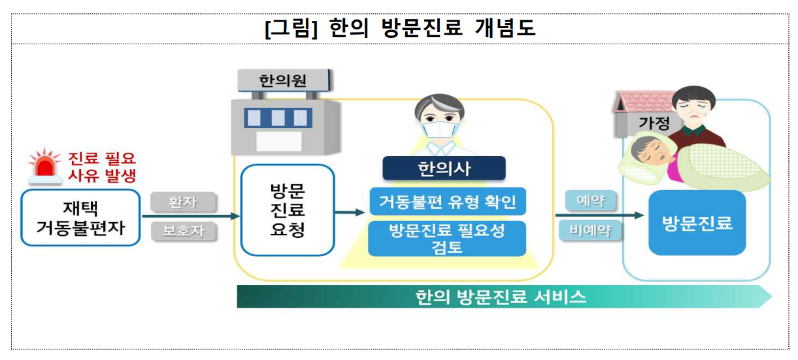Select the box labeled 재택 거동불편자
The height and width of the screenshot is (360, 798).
pyautogui.click(x=80, y=218)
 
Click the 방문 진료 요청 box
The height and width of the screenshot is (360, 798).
pyautogui.click(x=288, y=210)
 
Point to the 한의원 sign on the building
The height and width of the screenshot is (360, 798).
pyautogui.click(x=282, y=82)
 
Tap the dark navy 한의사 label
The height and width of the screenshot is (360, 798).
pyautogui.click(x=444, y=169)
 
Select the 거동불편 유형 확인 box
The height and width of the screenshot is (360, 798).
pyautogui.click(x=447, y=202)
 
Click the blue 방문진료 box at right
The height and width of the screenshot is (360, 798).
pyautogui.click(x=697, y=223)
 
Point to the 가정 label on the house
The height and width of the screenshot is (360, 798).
pyautogui.click(x=654, y=123)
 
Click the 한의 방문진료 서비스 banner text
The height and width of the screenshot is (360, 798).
pyautogui.click(x=501, y=297)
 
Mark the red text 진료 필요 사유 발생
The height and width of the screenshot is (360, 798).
pyautogui.click(x=103, y=166)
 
